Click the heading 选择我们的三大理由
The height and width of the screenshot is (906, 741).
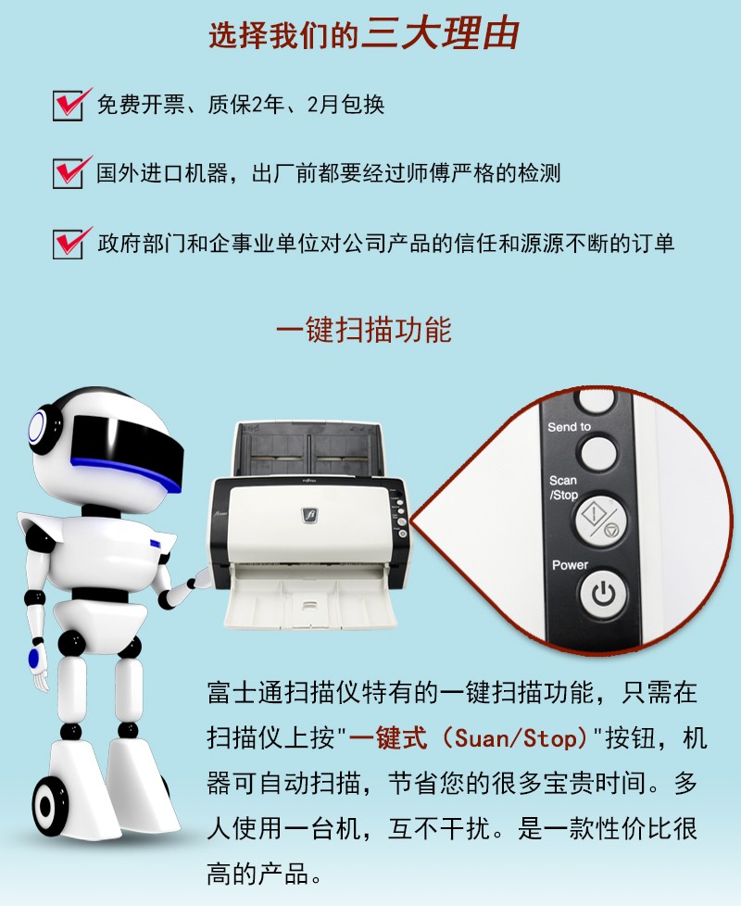(363, 34)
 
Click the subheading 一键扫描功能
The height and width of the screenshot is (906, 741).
(363, 330)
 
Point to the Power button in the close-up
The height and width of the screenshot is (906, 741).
(603, 594)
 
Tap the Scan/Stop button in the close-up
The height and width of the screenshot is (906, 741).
(601, 518)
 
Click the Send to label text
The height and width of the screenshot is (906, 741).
(569, 427)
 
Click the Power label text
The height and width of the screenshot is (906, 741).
(570, 564)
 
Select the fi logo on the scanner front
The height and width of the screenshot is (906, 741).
(310, 515)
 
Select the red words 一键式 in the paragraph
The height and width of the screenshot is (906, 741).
(387, 738)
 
